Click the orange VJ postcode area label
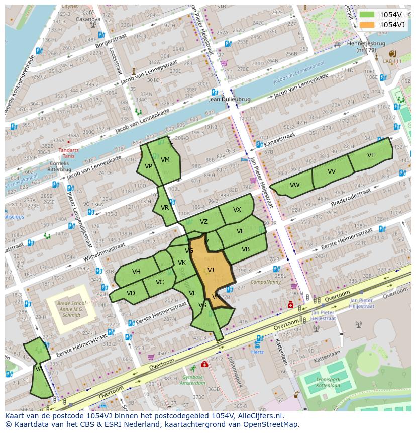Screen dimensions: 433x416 211,270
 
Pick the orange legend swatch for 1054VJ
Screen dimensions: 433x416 367,25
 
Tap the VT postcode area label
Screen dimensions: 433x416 371,155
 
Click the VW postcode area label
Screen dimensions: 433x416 294,185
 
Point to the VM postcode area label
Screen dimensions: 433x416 165,160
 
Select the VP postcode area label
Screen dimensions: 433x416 148,166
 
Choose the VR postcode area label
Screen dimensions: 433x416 165,207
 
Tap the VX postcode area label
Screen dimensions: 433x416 237,210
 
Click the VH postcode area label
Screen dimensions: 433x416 136,272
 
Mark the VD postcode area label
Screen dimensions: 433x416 131,293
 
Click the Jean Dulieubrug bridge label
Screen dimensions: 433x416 230,100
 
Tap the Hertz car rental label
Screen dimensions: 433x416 257,352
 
